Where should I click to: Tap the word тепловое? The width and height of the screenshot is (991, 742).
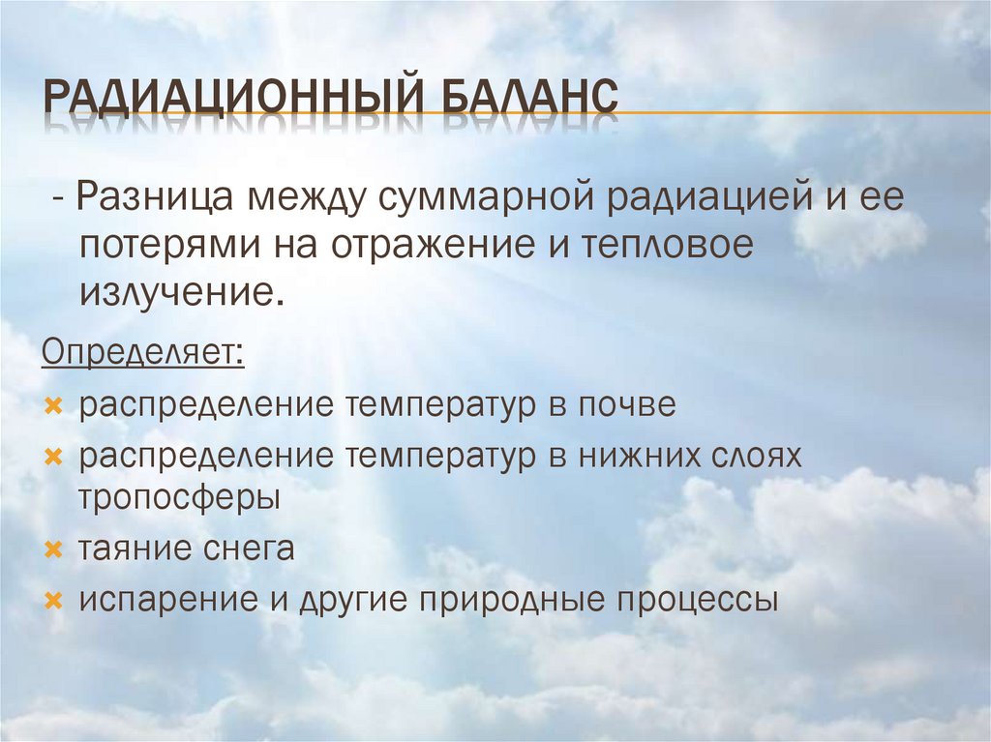coord(667,246)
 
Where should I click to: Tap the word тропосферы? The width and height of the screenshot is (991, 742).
coord(180,499)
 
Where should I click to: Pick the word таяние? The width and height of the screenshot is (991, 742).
coord(135,549)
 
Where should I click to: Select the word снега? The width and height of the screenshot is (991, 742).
coord(248,549)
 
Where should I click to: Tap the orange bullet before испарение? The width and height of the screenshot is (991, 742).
coord(54,601)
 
